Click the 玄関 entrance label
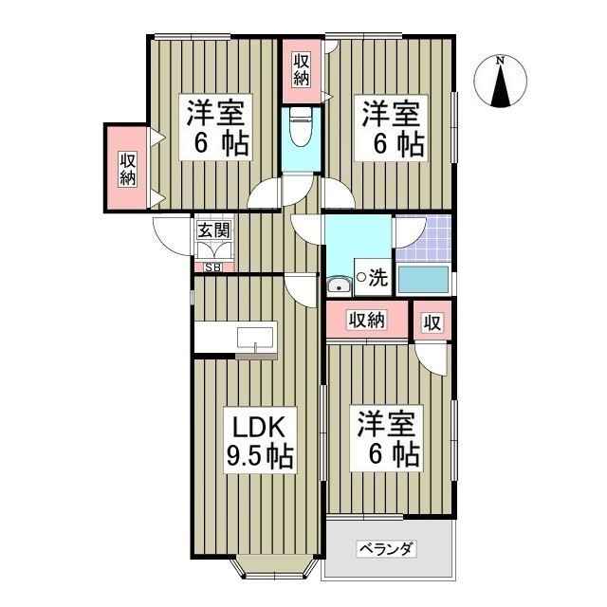click(213, 230)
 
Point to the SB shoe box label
click(212, 267)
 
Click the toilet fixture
click(302, 128)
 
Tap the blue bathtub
click(423, 280)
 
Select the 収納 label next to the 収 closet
click(367, 321)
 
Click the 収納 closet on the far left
click(128, 168)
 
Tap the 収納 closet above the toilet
click(301, 71)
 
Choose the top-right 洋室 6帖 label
click(391, 129)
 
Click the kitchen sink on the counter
click(255, 339)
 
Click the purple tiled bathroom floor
click(423, 237)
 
